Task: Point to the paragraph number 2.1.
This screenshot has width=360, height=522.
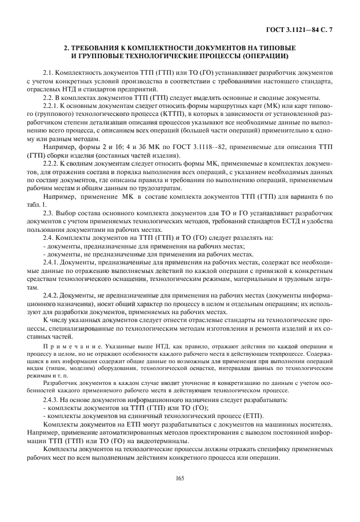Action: [x=50, y=74]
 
